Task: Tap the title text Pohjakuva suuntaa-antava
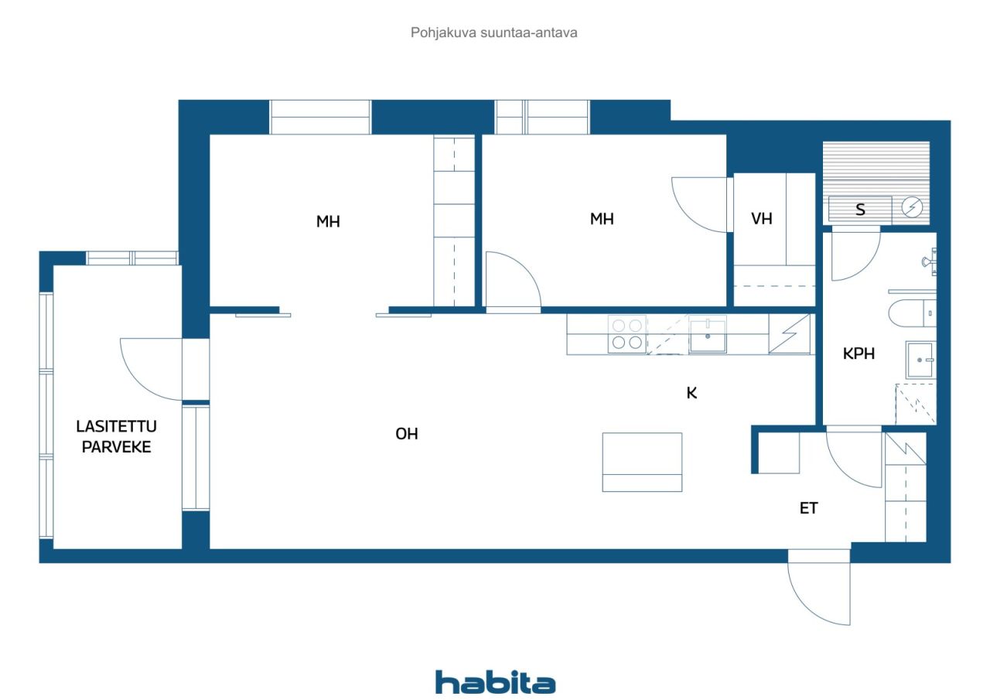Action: click(493, 32)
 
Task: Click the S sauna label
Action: click(860, 209)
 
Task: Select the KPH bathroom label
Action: click(859, 353)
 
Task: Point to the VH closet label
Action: click(762, 218)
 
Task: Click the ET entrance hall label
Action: click(809, 508)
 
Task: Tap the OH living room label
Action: click(407, 434)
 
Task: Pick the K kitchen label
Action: click(691, 393)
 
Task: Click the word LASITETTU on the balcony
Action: click(116, 426)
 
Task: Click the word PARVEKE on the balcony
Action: click(116, 447)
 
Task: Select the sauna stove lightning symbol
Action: click(912, 207)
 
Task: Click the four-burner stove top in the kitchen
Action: click(627, 334)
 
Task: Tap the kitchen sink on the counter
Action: click(708, 335)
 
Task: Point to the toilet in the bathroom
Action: click(912, 313)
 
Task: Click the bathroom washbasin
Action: click(920, 360)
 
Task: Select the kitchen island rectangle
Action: click(642, 463)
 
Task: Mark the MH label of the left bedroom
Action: click(328, 221)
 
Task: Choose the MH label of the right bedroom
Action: click(602, 219)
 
